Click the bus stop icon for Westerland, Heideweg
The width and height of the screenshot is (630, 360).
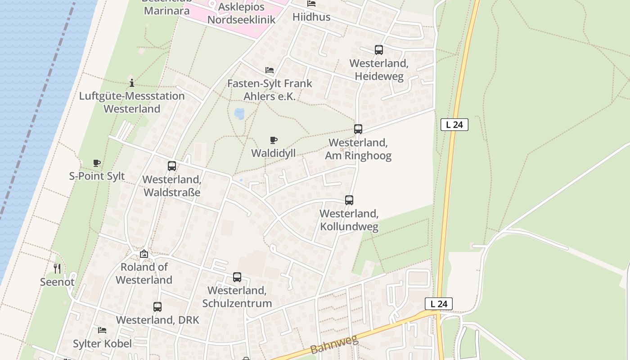point(379,50)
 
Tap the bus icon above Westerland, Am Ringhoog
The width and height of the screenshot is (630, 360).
point(358,129)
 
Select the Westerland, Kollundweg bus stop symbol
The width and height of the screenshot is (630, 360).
point(349,200)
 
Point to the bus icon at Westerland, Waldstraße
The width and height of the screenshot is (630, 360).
point(171,166)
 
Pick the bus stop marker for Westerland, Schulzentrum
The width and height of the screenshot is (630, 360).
point(237,277)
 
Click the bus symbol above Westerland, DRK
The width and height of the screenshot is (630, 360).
point(157,307)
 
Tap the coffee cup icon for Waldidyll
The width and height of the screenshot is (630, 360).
point(274,140)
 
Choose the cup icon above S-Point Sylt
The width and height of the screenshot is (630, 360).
point(96,163)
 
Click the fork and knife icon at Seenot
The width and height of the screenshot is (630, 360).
point(57,269)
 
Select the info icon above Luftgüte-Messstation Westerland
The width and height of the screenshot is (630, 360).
point(132,83)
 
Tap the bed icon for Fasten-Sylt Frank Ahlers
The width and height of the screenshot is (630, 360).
point(270,70)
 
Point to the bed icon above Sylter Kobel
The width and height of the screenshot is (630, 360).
point(102,330)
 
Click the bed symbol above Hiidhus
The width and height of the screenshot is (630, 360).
point(311,4)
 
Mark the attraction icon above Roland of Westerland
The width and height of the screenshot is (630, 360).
point(144,254)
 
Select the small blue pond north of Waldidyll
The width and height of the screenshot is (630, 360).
point(239,114)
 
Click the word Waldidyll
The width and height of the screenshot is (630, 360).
point(273,153)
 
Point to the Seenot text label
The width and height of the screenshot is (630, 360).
point(57,282)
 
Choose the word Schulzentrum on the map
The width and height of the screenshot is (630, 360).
point(237,303)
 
